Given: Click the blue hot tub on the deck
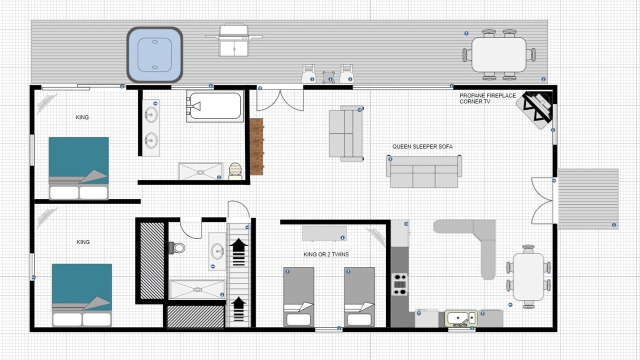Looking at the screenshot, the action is coord(154,55).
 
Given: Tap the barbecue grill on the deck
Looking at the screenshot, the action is coord(233,40).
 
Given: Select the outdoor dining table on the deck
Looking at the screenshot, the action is coord(499,54).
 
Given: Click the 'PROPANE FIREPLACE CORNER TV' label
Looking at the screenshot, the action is coord(487,98).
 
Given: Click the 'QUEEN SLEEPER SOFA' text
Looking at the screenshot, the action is coord(422,146).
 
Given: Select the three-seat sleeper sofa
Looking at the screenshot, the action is coord(423,171).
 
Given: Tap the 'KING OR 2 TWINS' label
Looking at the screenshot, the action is coord(326,254).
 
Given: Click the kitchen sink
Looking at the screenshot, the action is coord(461,318).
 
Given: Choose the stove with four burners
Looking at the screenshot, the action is coord(399,284).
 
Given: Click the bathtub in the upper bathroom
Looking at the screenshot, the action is coord(215,106).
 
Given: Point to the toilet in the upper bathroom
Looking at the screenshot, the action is coord(235,171).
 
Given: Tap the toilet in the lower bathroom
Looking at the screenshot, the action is coord(177,247).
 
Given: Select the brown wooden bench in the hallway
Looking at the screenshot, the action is coord(256,146).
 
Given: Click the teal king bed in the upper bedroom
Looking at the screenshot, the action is coord(78,168).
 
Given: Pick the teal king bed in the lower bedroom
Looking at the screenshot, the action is coord(81,295).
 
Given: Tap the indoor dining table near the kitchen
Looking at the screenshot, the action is coord(528,276).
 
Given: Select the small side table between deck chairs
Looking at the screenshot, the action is coord(328,77).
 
